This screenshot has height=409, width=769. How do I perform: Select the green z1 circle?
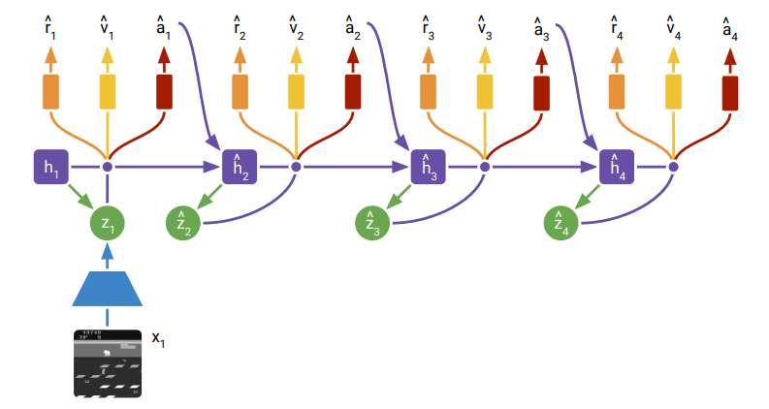click(108, 223)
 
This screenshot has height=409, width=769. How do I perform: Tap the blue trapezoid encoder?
click(108, 288)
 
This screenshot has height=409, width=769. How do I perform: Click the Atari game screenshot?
click(108, 362)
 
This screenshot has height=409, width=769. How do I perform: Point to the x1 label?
click(158, 338)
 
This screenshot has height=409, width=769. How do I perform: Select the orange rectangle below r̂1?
click(50, 91)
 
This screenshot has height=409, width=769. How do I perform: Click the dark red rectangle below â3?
click(541, 91)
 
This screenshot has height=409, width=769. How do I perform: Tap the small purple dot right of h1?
click(108, 167)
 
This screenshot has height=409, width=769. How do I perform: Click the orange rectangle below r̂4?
click(615, 91)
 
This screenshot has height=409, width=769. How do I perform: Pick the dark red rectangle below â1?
click(164, 91)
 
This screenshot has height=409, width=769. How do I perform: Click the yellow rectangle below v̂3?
click(484, 91)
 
